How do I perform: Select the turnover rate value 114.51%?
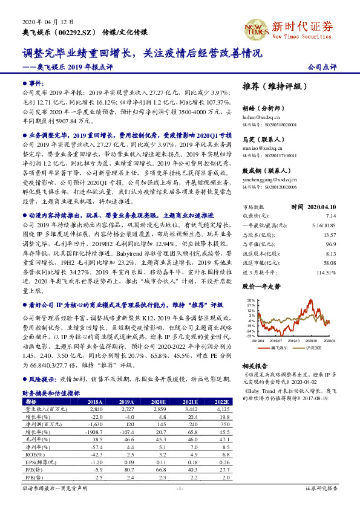(326, 271)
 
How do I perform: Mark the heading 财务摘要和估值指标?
(51, 392)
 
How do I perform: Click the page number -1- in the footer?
(180, 487)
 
